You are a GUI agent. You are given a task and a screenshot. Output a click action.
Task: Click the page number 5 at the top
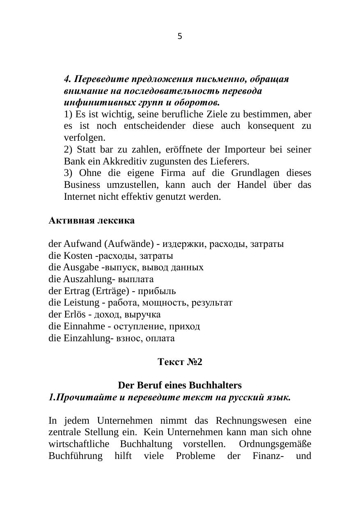[x=180, y=37]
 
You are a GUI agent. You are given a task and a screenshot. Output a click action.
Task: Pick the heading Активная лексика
[x=92, y=221]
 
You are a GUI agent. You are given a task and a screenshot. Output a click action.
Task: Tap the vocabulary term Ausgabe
[x=79, y=267]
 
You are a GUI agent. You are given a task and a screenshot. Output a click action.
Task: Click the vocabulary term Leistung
[x=82, y=303]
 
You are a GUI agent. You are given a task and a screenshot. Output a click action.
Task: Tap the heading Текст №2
[x=180, y=362]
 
